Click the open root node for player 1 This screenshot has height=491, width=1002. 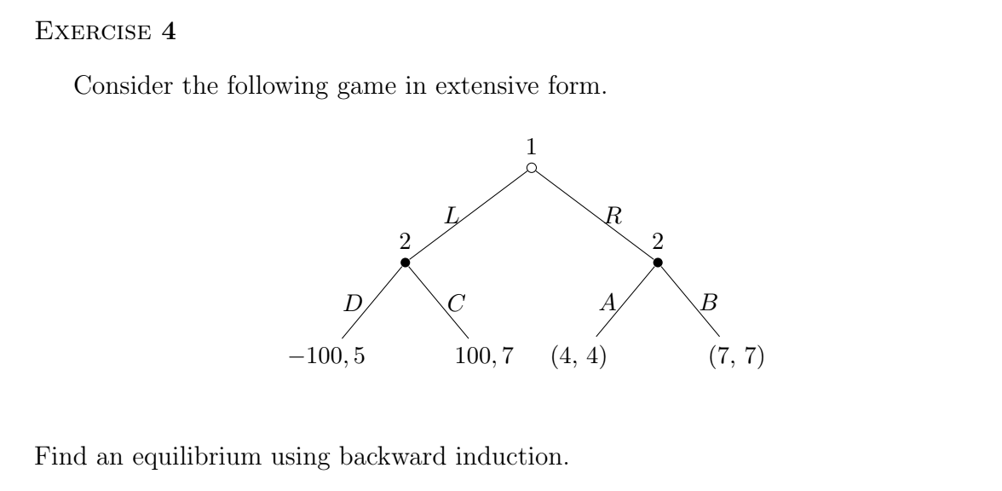(x=531, y=169)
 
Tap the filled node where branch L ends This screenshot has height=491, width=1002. (x=405, y=262)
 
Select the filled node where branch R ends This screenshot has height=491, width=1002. (x=657, y=262)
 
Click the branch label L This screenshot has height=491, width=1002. (x=452, y=217)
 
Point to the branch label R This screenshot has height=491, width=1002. (x=611, y=217)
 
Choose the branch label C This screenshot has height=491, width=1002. (x=456, y=303)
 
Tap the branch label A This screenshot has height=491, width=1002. (x=608, y=303)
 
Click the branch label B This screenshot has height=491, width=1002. (x=710, y=303)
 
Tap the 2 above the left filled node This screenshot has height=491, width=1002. (x=405, y=241)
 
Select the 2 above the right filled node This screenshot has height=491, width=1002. (x=657, y=241)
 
